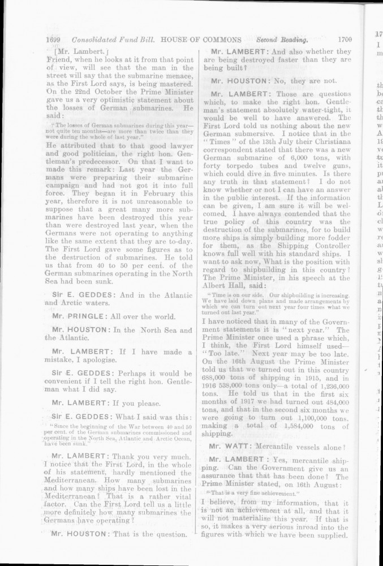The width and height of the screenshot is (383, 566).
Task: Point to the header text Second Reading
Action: click(x=282, y=40)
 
